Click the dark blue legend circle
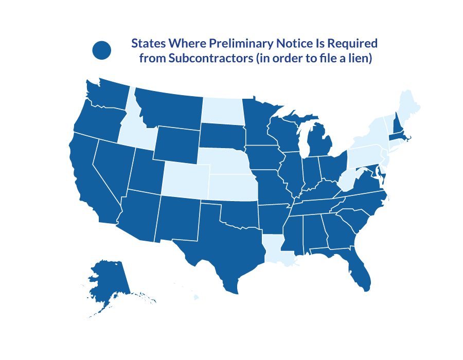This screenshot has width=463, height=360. [x=102, y=50]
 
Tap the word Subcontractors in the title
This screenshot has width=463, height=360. [x=209, y=59]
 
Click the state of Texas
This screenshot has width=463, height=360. [x=226, y=247]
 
